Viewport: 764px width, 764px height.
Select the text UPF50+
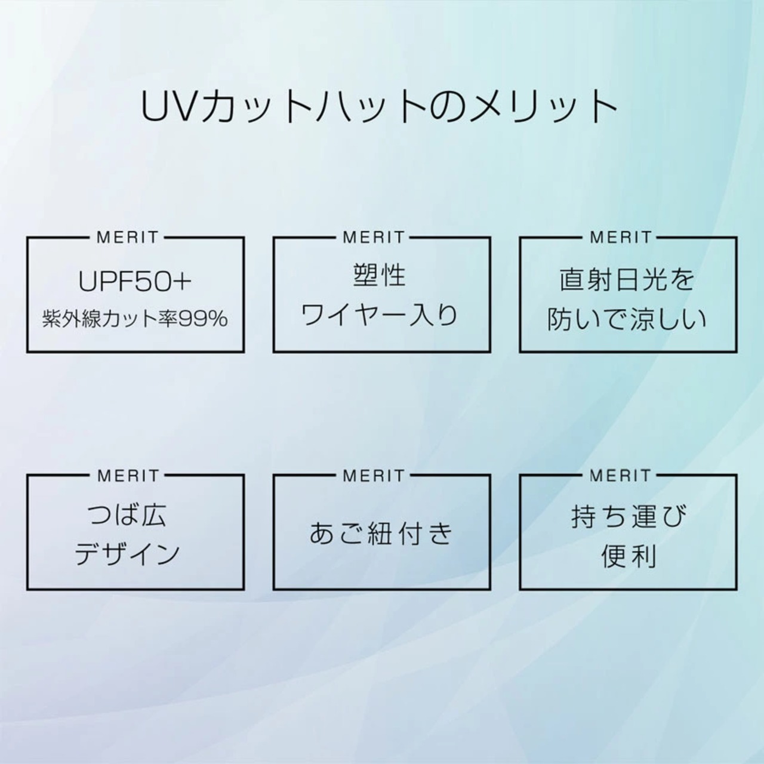[135, 282]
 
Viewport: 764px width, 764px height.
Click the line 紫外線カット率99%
[135, 319]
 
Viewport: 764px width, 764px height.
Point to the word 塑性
[379, 276]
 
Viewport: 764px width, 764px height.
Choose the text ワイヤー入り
[380, 315]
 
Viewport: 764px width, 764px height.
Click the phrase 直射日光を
[627, 279]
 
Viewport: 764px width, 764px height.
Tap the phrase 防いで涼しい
[627, 319]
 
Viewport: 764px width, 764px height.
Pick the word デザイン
[127, 553]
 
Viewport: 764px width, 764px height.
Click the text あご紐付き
[381, 533]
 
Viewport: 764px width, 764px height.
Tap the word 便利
[629, 556]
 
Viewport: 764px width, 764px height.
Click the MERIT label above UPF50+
[128, 238]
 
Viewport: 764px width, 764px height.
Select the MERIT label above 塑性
[374, 238]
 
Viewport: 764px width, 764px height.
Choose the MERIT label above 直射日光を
[621, 238]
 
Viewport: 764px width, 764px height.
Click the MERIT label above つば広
[128, 476]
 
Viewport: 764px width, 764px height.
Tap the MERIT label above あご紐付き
[374, 476]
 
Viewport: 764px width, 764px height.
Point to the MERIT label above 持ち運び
[621, 476]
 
